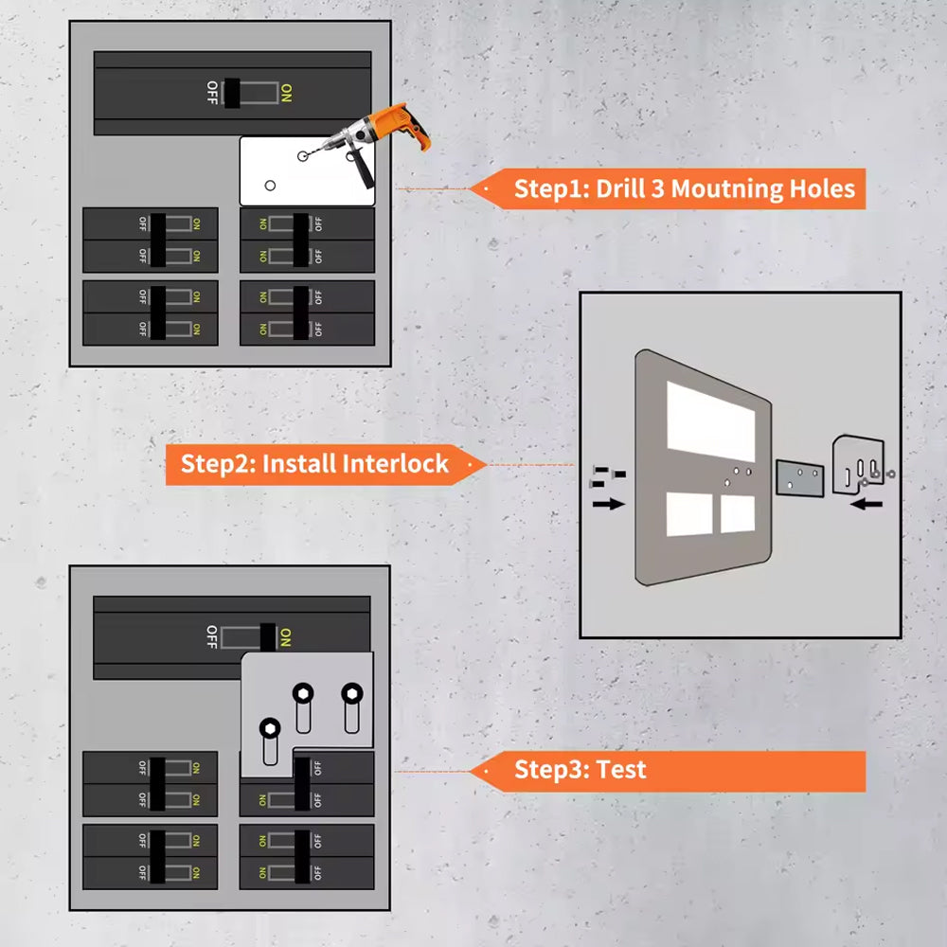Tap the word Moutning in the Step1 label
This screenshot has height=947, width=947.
click(726, 188)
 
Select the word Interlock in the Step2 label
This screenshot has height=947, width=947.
click(396, 464)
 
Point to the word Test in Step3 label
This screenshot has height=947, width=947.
click(621, 769)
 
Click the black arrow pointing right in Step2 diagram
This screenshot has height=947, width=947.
click(609, 504)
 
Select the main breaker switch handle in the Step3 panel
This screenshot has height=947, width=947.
click(268, 636)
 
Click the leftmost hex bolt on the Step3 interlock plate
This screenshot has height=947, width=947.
click(269, 728)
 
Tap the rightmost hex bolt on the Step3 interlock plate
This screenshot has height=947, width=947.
click(351, 692)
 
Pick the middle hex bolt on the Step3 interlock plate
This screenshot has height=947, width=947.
click(302, 693)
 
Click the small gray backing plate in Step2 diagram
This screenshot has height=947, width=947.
click(799, 477)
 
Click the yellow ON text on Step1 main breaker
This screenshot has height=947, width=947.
click(286, 92)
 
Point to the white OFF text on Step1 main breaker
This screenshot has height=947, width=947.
click(211, 92)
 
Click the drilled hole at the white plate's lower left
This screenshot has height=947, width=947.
click(269, 185)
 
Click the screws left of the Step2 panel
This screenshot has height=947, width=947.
click(603, 475)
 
